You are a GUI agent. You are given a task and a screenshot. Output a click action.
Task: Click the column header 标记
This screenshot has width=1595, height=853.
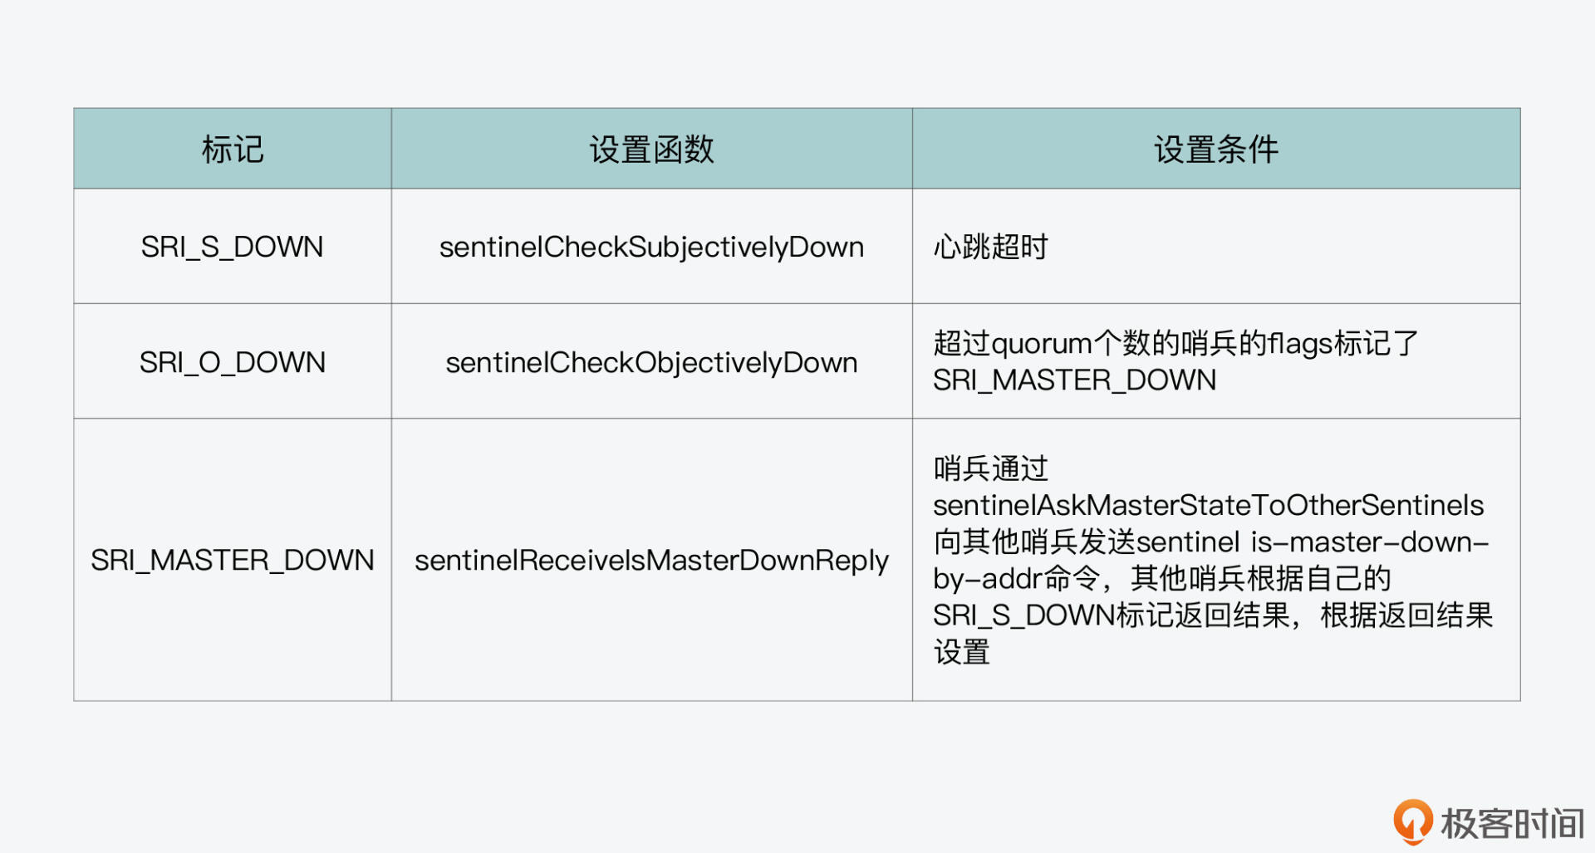tap(233, 150)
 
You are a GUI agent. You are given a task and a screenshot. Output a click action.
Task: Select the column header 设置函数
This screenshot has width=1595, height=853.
tap(652, 150)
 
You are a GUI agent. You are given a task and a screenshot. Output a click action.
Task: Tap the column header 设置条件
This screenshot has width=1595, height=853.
tap(1216, 150)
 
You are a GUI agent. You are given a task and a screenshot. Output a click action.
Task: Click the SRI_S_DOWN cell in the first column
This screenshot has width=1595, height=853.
tap(232, 247)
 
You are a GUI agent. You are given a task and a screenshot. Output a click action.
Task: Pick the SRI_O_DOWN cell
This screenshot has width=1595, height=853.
tap(232, 362)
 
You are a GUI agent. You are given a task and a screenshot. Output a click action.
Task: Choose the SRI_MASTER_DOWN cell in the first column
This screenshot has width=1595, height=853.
tap(233, 560)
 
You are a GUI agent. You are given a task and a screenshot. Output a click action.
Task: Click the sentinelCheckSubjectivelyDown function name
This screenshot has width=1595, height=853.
tap(652, 248)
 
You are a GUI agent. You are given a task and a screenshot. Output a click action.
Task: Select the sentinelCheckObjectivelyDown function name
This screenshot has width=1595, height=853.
tap(652, 363)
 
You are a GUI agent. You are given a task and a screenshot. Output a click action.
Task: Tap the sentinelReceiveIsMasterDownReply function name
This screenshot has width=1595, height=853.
tap(652, 561)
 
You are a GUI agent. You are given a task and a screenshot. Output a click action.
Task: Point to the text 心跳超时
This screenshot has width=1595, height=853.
tap(990, 247)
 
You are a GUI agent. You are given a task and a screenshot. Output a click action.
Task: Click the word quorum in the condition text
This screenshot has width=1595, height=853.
tap(1042, 344)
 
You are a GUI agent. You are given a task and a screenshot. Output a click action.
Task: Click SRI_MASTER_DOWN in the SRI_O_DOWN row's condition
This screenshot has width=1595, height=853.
tap(1074, 380)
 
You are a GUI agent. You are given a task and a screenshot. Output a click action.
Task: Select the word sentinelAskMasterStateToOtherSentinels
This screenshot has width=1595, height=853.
tap(1209, 505)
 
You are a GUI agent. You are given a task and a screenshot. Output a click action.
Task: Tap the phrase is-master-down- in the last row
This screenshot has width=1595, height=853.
tap(1370, 542)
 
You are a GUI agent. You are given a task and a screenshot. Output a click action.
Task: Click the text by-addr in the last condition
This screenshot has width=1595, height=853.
tap(988, 579)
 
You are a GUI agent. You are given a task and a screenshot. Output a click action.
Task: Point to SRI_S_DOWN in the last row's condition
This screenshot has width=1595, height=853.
tap(1023, 615)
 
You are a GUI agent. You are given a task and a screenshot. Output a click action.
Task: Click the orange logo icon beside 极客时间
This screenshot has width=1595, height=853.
tap(1413, 821)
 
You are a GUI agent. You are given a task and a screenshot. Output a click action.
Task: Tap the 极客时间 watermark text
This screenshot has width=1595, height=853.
tap(1513, 824)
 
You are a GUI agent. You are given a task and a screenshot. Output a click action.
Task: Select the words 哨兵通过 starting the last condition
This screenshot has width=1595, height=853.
tap(990, 468)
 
